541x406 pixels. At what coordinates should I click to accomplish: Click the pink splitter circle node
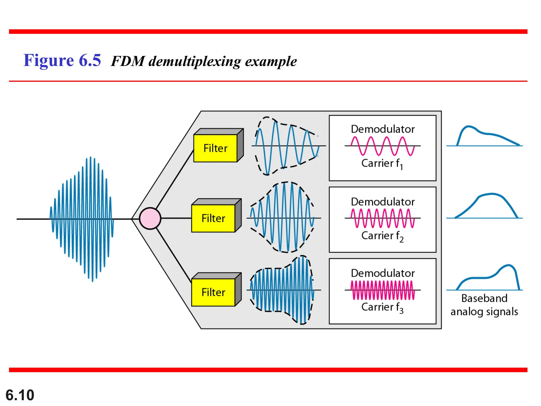pyautogui.click(x=150, y=218)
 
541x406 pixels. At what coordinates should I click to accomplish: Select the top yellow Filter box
pyautogui.click(x=215, y=148)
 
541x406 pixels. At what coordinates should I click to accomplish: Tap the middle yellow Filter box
pyautogui.click(x=213, y=218)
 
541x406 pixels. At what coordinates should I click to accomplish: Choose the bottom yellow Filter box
pyautogui.click(x=213, y=292)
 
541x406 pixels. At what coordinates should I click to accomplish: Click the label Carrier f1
pyautogui.click(x=382, y=163)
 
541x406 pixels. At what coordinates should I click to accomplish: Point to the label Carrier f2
pyautogui.click(x=382, y=236)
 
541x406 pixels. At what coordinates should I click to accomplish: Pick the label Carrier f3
pyautogui.click(x=382, y=307)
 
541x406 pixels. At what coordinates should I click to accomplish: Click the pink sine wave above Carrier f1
pyautogui.click(x=383, y=146)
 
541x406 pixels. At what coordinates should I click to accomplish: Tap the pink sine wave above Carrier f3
pyautogui.click(x=383, y=290)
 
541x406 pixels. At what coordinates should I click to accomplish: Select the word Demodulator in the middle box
pyautogui.click(x=383, y=202)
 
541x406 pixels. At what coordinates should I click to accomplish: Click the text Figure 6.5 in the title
pyautogui.click(x=62, y=60)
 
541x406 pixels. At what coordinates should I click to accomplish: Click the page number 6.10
pyautogui.click(x=20, y=395)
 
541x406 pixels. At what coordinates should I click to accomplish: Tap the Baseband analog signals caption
pyautogui.click(x=484, y=305)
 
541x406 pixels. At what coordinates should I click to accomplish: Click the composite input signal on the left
pyautogui.click(x=82, y=219)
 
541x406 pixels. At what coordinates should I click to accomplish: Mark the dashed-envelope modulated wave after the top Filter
pyautogui.click(x=287, y=146)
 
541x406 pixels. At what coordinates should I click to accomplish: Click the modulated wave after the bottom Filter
pyautogui.click(x=282, y=290)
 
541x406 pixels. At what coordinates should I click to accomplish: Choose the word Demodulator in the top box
pyautogui.click(x=383, y=129)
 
